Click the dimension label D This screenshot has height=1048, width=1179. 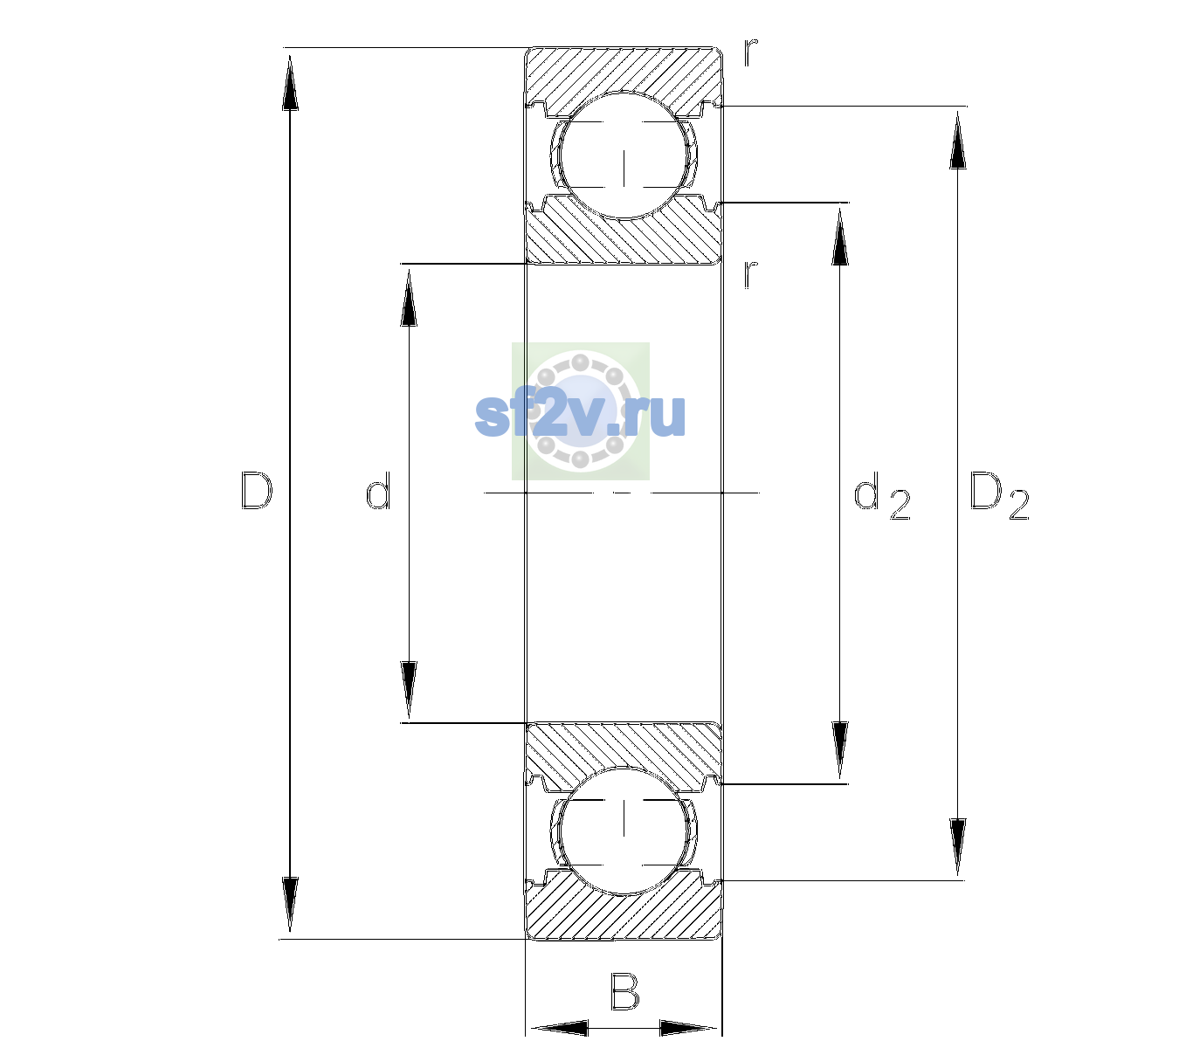[x=257, y=492]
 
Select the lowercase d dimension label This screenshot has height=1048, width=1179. [x=378, y=490]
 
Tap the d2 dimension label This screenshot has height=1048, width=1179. [x=882, y=495]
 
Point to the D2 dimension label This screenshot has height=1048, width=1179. [x=999, y=495]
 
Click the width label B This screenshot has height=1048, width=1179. [x=624, y=990]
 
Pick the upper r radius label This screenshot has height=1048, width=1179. [x=751, y=52]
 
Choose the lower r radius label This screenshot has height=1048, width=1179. [x=751, y=274]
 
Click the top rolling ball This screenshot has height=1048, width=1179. [x=624, y=155]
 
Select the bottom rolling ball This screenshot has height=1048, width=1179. [x=624, y=831]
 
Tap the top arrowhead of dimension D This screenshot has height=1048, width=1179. [x=290, y=82]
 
